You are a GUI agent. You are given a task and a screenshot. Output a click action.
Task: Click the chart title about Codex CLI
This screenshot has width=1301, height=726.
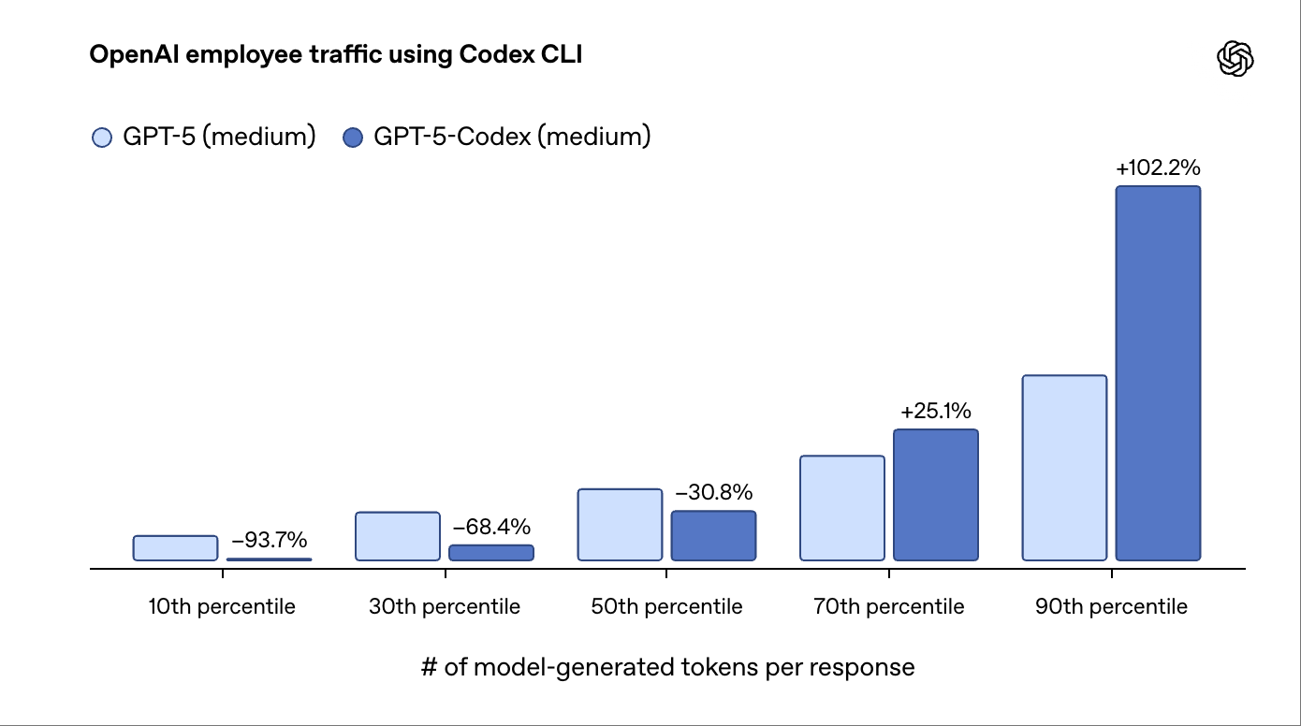pos(335,55)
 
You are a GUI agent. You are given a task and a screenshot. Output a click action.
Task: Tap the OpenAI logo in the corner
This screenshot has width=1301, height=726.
pos(1235,59)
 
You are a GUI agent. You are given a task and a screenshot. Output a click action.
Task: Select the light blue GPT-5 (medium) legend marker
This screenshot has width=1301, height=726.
pos(101,138)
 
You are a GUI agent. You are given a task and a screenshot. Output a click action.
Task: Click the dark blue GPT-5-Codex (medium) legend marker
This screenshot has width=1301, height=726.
pos(353,138)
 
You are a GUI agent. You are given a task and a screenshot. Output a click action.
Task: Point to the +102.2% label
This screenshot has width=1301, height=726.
pos(1158,168)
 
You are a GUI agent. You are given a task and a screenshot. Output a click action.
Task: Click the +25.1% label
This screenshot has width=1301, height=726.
pos(935,412)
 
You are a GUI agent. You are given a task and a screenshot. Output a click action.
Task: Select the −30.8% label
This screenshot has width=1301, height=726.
pos(713,493)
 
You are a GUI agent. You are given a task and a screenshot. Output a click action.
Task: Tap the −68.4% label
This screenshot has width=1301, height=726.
pos(490,527)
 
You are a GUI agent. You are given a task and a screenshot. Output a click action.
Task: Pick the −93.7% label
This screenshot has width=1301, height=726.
pos(269,540)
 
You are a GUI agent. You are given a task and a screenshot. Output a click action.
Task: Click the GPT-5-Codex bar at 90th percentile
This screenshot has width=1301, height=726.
pos(1158,373)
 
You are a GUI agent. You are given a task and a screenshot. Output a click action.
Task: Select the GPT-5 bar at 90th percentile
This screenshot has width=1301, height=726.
pos(1064,468)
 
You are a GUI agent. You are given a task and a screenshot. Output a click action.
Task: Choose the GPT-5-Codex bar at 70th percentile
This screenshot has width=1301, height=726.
pos(935,495)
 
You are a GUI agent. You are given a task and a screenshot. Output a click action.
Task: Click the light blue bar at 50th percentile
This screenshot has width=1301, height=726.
pos(620,524)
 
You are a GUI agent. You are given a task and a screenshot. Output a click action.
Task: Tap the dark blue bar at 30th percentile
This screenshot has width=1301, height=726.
pos(490,553)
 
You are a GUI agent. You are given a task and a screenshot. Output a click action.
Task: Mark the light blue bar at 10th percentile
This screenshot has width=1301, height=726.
pos(175,548)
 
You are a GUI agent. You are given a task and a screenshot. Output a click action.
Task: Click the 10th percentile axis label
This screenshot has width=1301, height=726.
pos(222,607)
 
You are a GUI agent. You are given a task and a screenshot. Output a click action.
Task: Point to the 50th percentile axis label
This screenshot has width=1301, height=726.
pos(666,607)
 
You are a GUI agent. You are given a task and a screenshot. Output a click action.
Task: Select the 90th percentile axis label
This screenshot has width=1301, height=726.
pos(1111,607)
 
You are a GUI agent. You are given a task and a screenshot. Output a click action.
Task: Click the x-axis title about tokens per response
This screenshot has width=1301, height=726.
pos(667,667)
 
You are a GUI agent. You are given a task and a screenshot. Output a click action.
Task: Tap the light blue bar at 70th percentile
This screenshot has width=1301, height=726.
pos(841,508)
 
